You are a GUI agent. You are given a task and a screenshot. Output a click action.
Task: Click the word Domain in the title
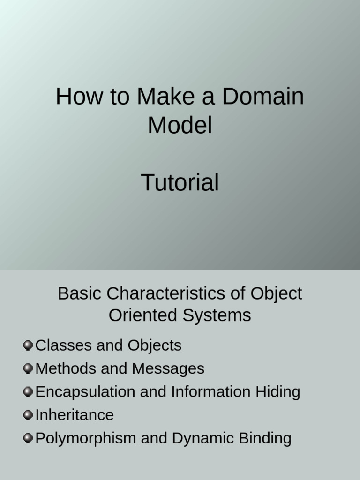click(263, 97)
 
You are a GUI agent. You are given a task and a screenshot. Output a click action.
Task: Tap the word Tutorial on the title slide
click(180, 183)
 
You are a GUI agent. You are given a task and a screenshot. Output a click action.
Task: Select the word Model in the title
click(180, 125)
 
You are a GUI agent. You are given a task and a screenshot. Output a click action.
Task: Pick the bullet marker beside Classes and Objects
click(28, 345)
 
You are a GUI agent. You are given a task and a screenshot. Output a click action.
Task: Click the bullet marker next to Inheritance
click(28, 415)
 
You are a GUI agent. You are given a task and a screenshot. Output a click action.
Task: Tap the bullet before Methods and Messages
click(28, 368)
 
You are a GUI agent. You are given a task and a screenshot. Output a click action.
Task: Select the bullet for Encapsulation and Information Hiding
click(28, 391)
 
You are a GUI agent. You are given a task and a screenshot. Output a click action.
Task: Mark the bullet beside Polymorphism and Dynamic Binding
click(28, 438)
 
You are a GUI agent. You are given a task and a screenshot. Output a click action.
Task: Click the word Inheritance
click(75, 415)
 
